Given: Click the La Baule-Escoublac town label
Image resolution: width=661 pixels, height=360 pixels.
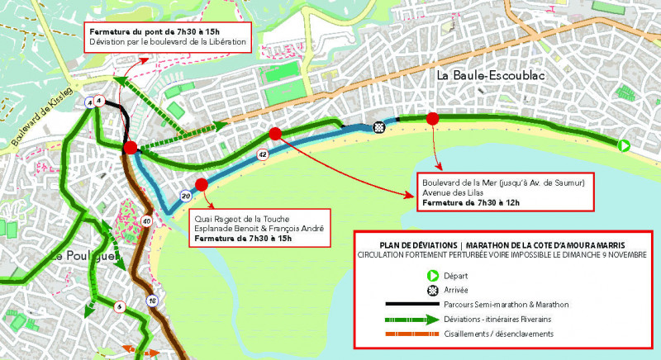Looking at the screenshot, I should pyautogui.click(x=492, y=75).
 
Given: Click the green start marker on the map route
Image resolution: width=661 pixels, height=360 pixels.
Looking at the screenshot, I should pyautogui.click(x=625, y=146).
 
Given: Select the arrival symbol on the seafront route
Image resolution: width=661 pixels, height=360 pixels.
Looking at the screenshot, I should pyautogui.click(x=379, y=126).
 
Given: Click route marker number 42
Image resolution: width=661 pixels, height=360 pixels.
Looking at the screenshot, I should pyautogui.click(x=263, y=154).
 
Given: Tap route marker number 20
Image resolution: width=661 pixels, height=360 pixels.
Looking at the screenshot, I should pyautogui.click(x=186, y=196).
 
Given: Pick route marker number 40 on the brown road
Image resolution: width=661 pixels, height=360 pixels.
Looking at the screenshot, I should pyautogui.click(x=146, y=220).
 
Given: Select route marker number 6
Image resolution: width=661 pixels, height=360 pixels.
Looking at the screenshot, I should pyautogui.click(x=120, y=307).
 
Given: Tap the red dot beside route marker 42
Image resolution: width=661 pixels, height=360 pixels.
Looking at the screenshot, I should pyautogui.click(x=275, y=134).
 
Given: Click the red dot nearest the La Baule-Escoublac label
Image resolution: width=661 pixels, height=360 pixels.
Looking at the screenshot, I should pyautogui.click(x=431, y=120).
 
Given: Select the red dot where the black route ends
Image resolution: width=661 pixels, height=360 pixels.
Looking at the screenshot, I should pyautogui.click(x=130, y=148).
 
